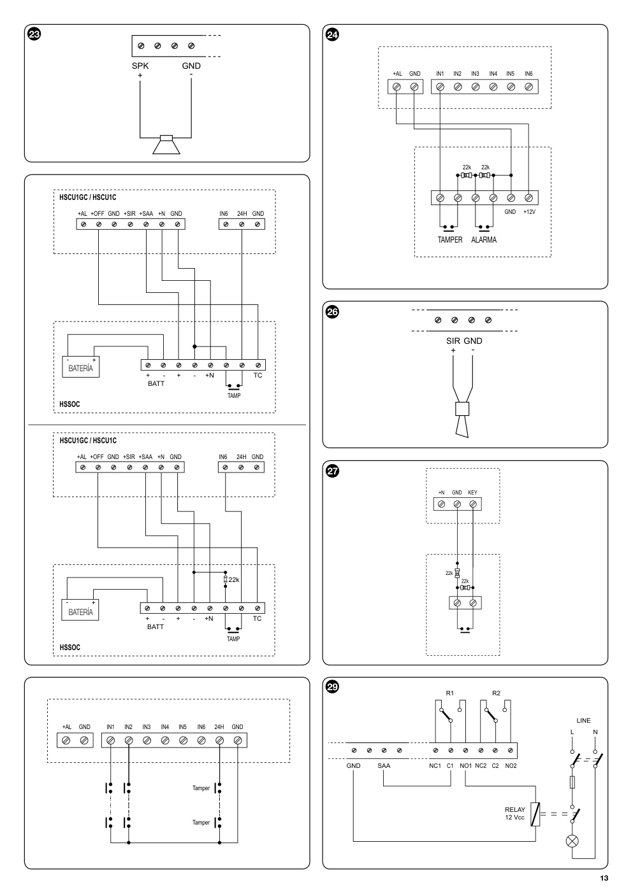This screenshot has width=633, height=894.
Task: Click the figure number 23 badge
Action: point(34,34)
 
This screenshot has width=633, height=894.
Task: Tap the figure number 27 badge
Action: point(333,471)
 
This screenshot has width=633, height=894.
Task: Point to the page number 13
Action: point(604,878)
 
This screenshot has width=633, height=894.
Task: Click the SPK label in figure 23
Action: point(140,66)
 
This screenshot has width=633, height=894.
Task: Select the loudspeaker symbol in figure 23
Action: point(166,145)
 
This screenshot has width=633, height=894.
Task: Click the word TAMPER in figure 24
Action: point(450,240)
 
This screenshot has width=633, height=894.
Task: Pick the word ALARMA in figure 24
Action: point(484,240)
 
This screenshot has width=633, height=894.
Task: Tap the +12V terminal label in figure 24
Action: point(529,212)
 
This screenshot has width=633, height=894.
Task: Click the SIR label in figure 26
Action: point(453,341)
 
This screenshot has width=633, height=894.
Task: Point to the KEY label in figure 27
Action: point(473,492)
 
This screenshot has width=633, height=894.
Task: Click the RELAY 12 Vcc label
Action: point(514,813)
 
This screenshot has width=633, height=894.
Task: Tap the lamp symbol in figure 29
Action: point(572,841)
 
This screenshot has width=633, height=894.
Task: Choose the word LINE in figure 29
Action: point(583,720)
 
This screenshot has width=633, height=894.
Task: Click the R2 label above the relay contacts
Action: point(496,693)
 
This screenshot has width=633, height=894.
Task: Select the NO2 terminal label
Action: point(511,766)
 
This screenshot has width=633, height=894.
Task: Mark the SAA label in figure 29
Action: point(384,766)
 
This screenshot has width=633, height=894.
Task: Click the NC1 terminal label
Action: point(435,766)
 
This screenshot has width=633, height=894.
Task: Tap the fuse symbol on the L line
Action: point(572,782)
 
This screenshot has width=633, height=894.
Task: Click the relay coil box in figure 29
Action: point(535,814)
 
